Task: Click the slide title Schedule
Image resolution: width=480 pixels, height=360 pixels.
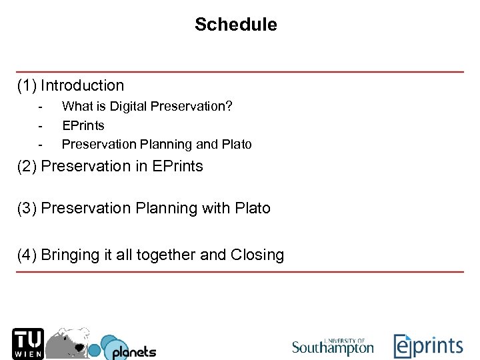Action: [x=235, y=25]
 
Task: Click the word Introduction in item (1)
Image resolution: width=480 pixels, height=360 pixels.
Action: [x=82, y=85]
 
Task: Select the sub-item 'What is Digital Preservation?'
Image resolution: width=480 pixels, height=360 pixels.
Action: [x=147, y=106]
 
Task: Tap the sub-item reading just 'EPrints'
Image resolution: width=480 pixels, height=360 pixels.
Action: [x=83, y=125]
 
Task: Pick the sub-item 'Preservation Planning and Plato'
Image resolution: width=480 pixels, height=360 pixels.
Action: [x=157, y=144]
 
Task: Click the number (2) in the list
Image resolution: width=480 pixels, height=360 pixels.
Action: [x=27, y=166]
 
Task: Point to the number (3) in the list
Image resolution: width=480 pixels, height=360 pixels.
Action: [x=27, y=208]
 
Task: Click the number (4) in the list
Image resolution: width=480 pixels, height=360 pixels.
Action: [x=27, y=255]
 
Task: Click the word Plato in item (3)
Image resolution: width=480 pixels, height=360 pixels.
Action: [x=253, y=208]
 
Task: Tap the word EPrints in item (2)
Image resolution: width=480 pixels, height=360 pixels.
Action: [x=177, y=166]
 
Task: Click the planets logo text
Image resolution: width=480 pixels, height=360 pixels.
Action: [x=133, y=351]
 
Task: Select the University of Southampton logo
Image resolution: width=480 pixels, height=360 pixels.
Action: [x=333, y=346]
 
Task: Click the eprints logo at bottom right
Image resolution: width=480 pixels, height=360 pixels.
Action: [x=427, y=346]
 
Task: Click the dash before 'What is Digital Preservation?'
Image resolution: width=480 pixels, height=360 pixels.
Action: [x=41, y=106]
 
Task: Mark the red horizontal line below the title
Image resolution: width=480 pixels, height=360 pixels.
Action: [x=240, y=71]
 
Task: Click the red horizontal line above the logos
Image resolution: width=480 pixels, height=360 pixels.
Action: [x=240, y=272]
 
